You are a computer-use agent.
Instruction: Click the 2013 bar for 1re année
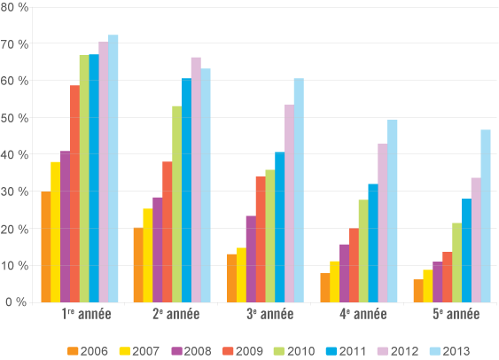(113, 168)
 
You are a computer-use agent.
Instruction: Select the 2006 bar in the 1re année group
(46, 247)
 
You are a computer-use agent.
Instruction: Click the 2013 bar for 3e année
(299, 190)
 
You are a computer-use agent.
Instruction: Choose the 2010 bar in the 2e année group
(177, 204)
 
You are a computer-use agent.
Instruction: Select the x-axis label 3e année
(270, 315)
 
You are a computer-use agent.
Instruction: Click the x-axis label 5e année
(456, 315)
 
